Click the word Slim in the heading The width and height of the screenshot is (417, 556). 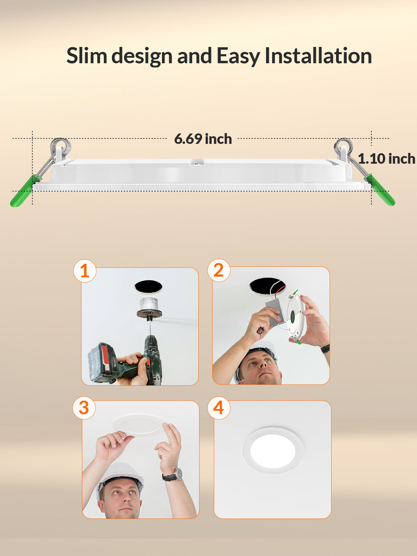[87, 56]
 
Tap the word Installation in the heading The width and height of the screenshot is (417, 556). [318, 56]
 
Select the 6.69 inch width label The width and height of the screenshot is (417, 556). [203, 139]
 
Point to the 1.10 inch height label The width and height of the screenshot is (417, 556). [386, 159]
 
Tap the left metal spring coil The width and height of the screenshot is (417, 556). [60, 146]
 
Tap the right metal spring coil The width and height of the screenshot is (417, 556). [343, 146]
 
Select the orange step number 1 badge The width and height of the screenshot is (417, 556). [85, 271]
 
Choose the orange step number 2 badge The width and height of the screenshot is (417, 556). [219, 270]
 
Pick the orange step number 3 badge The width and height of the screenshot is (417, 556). [84, 408]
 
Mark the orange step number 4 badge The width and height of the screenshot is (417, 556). [219, 408]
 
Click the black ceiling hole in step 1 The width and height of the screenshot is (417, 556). [148, 286]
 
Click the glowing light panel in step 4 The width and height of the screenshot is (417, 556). [273, 451]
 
